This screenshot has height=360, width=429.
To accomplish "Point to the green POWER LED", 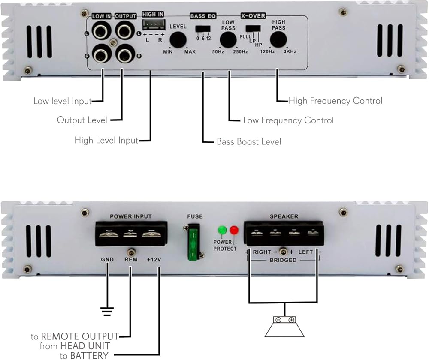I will coord(222,230).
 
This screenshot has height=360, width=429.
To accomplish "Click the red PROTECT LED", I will coord(234,230).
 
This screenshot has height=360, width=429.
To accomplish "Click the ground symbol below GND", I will coord(107,309).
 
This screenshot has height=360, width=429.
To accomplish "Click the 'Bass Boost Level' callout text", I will coord(249,141).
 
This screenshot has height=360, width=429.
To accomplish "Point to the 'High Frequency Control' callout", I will coord(335,101).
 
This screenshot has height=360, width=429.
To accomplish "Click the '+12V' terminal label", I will coord(154,260).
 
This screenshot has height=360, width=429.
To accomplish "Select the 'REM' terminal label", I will coord(130,260).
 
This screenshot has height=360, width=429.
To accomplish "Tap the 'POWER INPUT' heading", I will coord(131,216).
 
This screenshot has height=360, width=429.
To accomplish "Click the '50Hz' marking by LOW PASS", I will coord(218,52).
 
